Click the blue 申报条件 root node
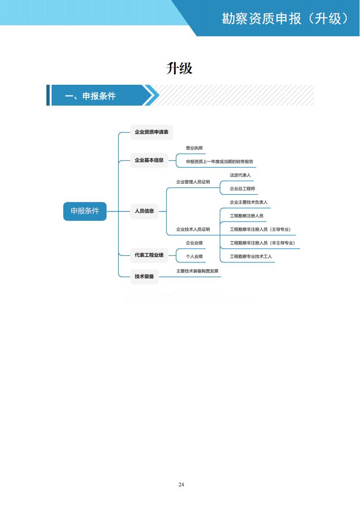(85, 211)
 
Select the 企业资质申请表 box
(151, 132)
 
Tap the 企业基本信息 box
(149, 160)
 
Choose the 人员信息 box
(144, 211)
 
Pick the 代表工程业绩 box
(149, 255)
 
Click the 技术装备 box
(144, 276)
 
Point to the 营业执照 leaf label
(194, 148)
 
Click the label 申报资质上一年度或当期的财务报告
(219, 161)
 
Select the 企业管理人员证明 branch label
(193, 182)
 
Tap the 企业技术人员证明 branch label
(193, 229)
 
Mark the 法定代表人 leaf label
(240, 175)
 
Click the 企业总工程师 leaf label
(242, 189)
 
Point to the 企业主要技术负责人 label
(248, 202)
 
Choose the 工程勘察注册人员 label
(246, 216)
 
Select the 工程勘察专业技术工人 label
(251, 257)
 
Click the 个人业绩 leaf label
(194, 257)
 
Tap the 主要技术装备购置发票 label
(197, 271)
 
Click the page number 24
(181, 485)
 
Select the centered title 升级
(180, 68)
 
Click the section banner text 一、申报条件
(90, 96)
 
